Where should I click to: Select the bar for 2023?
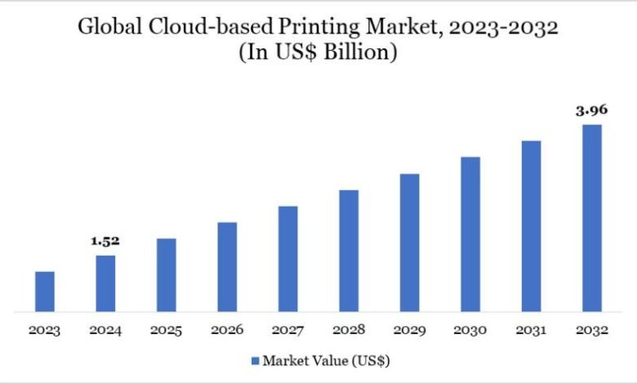[45, 292]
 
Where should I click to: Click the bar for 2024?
[105, 284]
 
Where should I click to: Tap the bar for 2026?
[227, 267]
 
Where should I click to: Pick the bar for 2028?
[349, 251]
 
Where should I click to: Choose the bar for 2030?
[470, 234]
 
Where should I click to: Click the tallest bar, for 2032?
[592, 218]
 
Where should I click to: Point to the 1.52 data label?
[105, 242]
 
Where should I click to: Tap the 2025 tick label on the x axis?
[166, 331]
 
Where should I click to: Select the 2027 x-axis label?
[287, 331]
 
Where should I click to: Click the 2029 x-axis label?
[409, 331]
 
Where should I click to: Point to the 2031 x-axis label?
[531, 331]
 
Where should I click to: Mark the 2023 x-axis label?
[45, 331]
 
